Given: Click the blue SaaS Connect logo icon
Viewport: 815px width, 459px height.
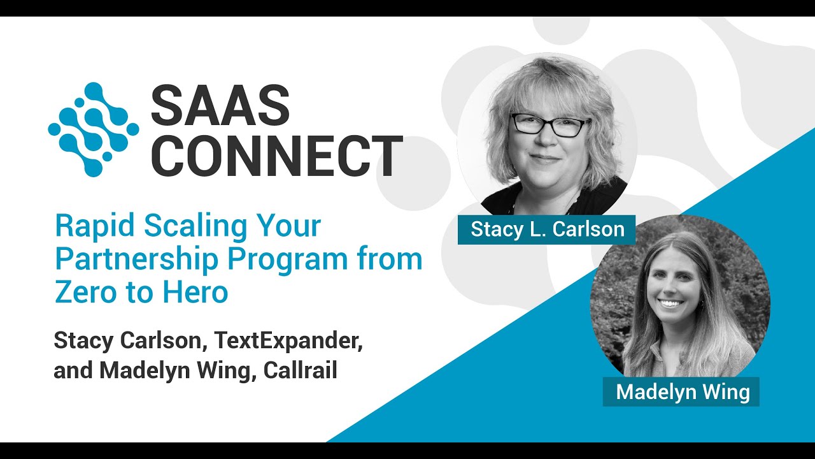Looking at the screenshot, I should pos(94,128).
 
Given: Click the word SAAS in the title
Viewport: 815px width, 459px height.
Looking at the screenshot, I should pos(220,105).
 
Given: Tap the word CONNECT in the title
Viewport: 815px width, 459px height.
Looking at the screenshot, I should pos(277,156).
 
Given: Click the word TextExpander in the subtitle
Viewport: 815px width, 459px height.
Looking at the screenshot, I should pos(288,340).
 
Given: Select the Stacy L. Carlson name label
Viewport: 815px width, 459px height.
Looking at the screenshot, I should pos(547,229).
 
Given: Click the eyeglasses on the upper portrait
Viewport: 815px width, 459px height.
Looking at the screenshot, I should pos(550,124).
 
